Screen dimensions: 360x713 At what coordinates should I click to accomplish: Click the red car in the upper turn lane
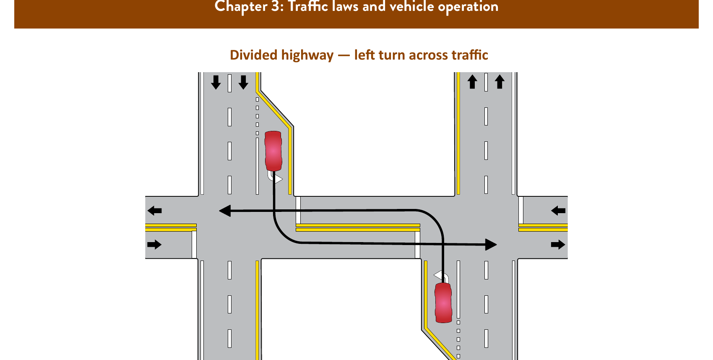273,151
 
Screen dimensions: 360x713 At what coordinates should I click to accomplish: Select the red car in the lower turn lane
443,303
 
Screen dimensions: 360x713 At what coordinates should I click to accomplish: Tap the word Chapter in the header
241,7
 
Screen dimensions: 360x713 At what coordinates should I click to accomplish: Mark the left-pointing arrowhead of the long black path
225,211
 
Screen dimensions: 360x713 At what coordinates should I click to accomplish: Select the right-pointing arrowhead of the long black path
491,245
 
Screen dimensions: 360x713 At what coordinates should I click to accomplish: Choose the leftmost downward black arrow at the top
216,82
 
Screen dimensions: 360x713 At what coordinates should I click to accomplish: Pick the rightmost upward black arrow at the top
499,81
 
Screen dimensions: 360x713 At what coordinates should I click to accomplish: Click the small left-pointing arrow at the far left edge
155,211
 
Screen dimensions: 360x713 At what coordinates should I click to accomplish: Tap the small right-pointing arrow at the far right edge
558,245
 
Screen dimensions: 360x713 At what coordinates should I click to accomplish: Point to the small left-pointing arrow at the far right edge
558,211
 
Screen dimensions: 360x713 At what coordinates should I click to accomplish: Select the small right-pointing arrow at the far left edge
154,245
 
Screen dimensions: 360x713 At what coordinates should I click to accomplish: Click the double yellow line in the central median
358,227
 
